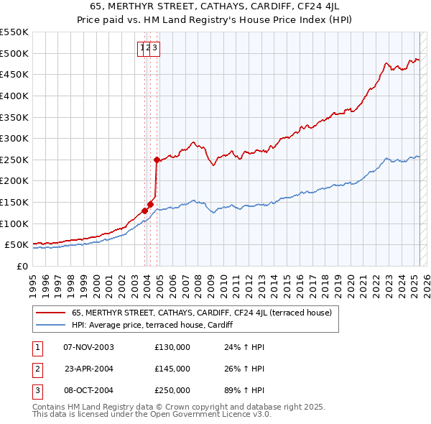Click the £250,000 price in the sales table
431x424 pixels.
tap(172, 390)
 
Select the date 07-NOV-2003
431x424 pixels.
tap(89, 347)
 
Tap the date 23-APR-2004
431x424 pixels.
tap(89, 369)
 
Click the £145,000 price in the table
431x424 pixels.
tap(172, 369)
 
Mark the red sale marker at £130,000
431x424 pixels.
tap(144, 211)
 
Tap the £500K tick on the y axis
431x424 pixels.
tap(14, 53)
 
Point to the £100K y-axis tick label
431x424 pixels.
tap(14, 223)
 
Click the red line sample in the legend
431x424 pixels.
tap(50, 313)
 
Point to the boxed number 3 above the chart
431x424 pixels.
tap(154, 48)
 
